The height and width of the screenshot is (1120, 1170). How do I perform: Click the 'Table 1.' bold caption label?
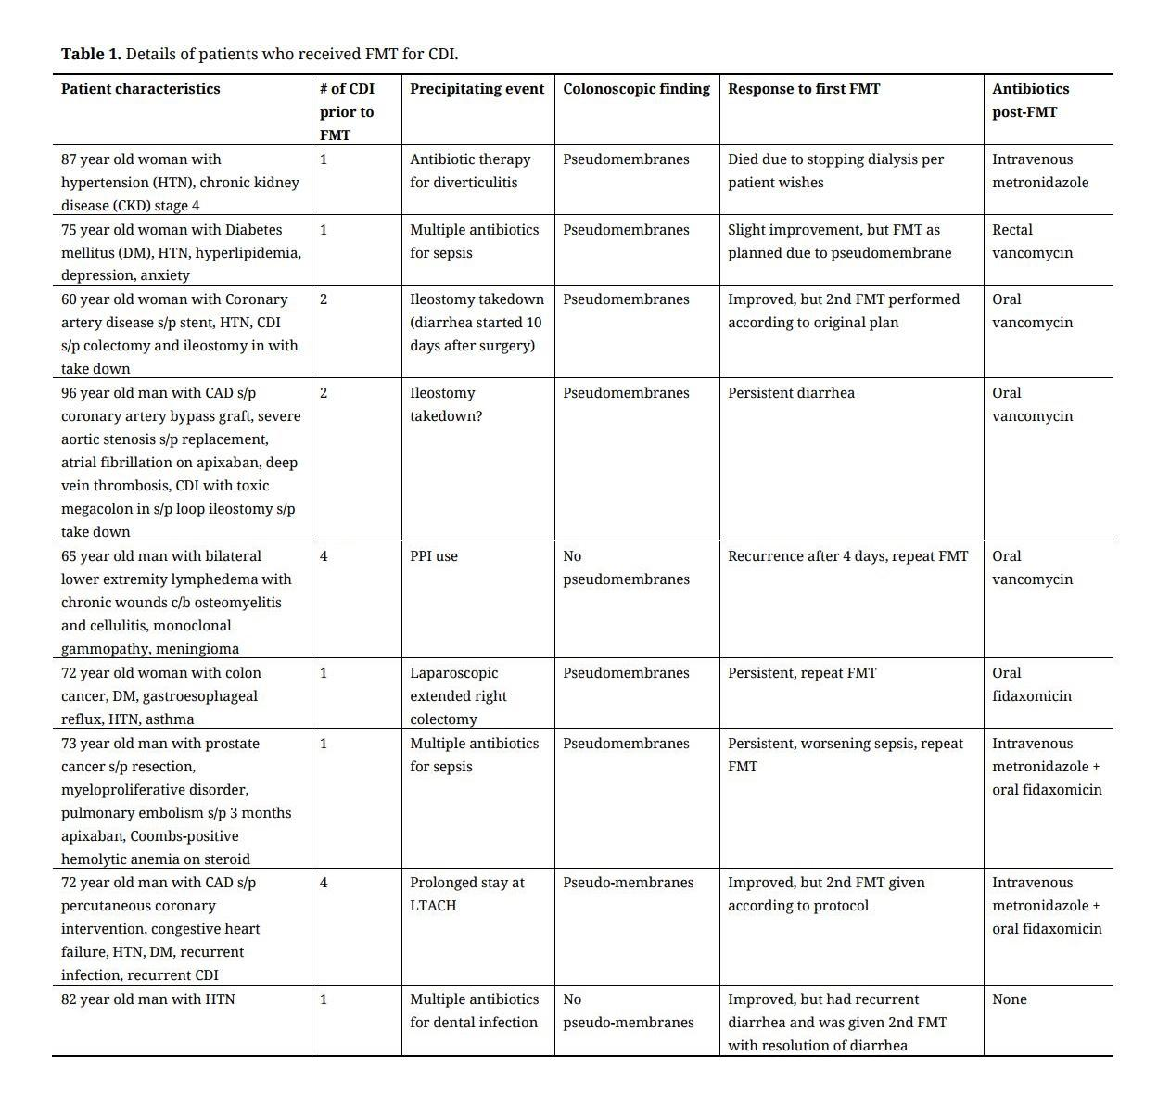91,54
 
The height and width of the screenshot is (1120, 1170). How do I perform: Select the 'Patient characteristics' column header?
141,89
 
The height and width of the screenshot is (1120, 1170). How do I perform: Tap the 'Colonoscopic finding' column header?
636,89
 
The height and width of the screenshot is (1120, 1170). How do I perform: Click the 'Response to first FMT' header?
804,89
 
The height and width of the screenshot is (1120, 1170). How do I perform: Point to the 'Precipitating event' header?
477,89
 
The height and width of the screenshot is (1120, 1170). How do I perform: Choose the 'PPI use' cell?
434,556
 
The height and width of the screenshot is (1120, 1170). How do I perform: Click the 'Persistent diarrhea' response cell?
791,393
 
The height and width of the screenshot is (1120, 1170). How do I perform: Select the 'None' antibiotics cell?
1010,999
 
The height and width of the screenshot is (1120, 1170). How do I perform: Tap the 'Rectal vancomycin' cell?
1032,241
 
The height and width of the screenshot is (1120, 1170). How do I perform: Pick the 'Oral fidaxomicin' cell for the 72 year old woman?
1031,684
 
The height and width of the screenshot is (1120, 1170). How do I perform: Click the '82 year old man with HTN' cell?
148,999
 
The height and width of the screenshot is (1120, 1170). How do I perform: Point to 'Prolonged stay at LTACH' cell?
466,894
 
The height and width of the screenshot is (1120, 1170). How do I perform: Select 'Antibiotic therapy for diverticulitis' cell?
470,171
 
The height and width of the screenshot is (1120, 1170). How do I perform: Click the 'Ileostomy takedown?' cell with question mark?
446,404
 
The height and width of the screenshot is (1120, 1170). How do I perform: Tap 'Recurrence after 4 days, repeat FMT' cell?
847,556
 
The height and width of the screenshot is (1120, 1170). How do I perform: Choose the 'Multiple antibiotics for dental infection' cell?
474,1011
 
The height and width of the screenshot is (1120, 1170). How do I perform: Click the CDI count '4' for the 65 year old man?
324,556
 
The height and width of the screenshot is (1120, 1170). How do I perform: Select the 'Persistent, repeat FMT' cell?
801,673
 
